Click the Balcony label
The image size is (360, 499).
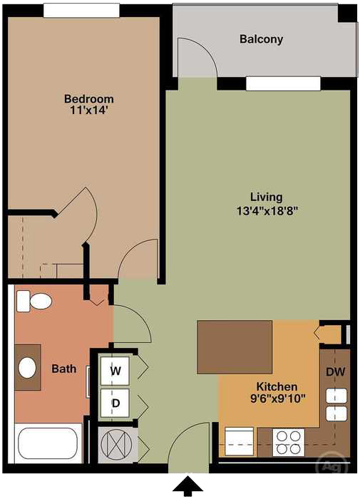click(261, 40)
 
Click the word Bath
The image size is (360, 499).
click(63, 369)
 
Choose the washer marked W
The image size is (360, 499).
click(115, 370)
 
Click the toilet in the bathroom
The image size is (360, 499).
click(36, 302)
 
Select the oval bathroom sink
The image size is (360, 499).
click(28, 368)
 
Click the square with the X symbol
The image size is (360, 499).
click(115, 443)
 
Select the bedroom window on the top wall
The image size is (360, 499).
click(81, 10)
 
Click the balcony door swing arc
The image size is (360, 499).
click(198, 57)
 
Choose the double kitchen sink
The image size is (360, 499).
click(336, 404)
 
